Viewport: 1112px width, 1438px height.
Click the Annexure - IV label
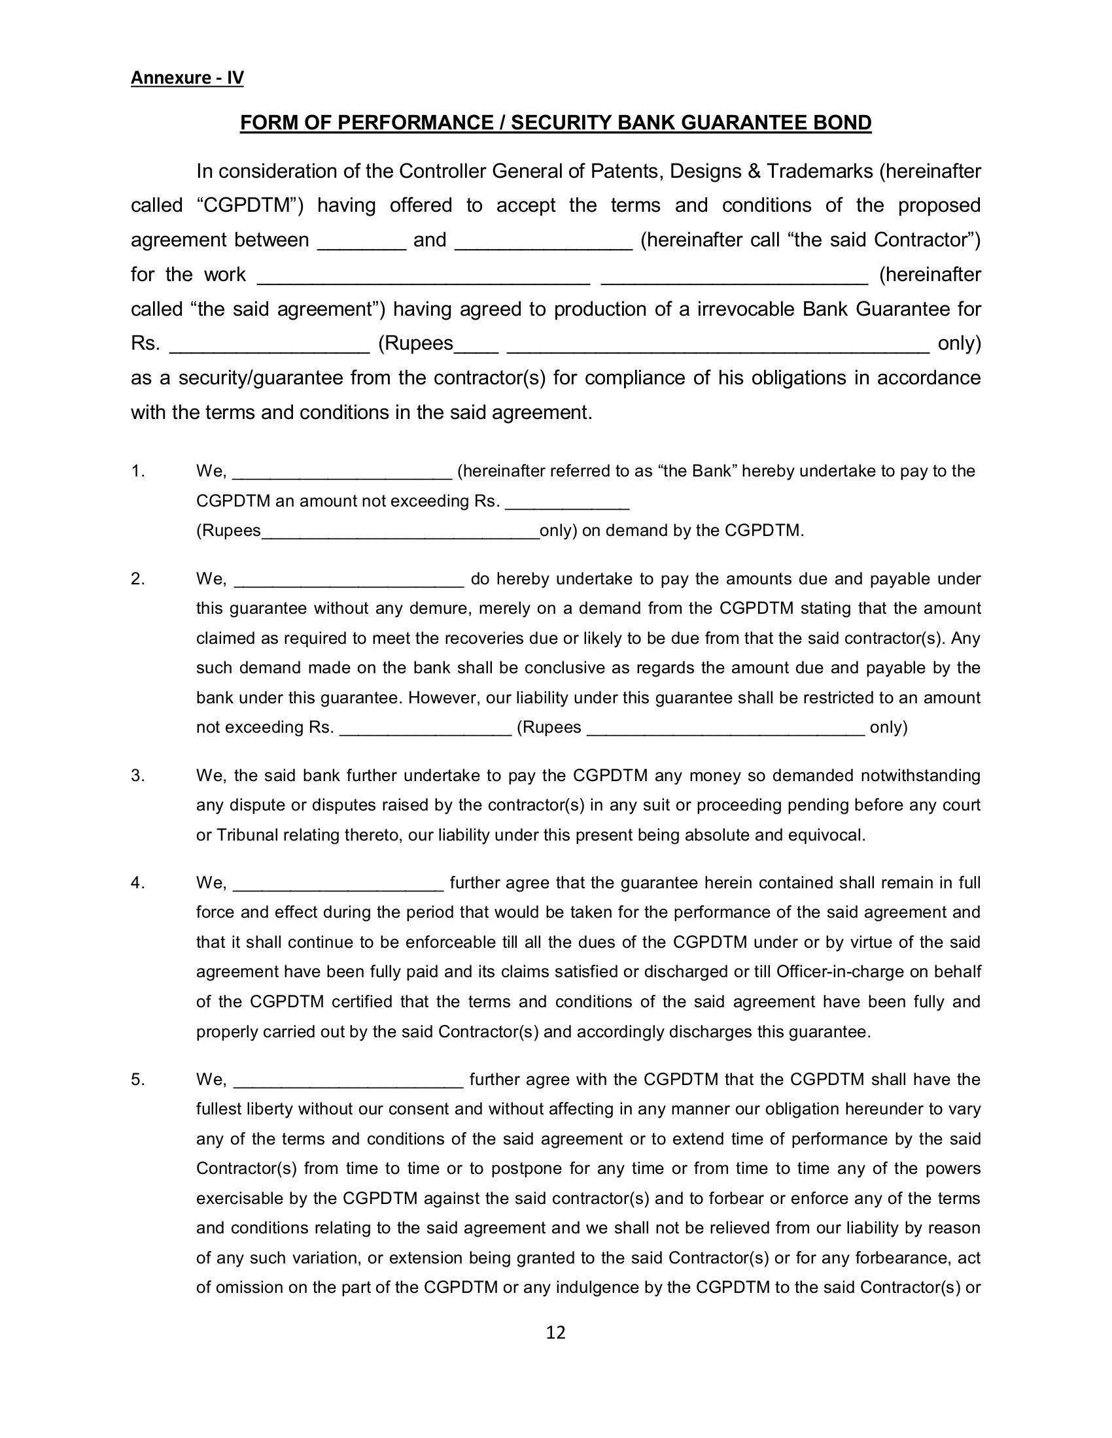tap(187, 78)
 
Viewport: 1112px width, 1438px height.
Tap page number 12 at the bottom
tap(556, 1333)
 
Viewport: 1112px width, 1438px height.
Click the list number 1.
tap(137, 471)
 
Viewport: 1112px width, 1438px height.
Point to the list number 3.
tap(137, 776)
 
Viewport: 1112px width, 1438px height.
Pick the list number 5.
tap(137, 1079)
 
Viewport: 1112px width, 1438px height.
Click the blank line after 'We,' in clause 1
tap(343, 473)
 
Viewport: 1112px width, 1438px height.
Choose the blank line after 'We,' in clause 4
tap(339, 884)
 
